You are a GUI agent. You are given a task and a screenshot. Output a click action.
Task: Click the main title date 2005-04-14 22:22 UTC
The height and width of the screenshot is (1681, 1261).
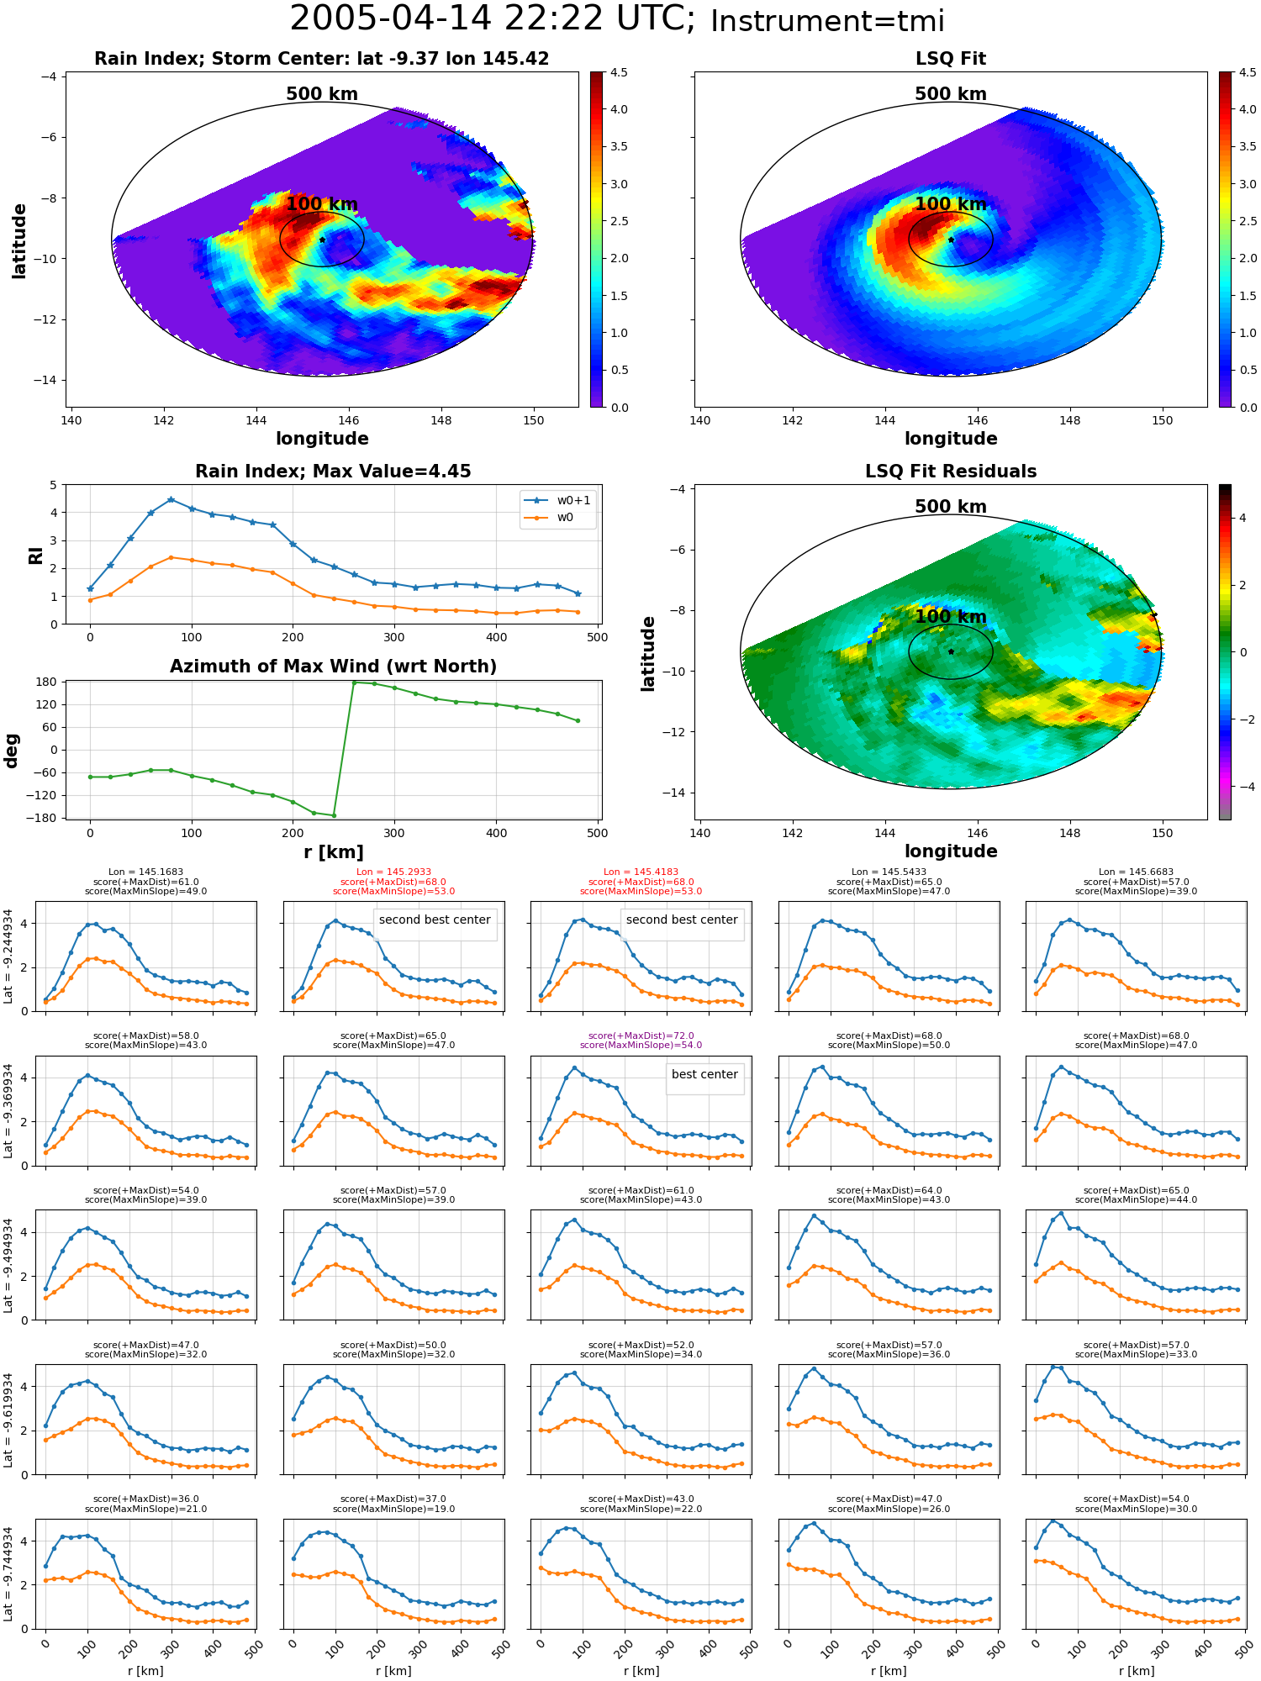(x=493, y=19)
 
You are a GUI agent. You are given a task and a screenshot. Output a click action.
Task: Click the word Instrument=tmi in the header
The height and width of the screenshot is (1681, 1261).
(x=827, y=22)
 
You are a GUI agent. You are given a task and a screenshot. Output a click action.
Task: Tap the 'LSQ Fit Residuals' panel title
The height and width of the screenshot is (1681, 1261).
(x=951, y=472)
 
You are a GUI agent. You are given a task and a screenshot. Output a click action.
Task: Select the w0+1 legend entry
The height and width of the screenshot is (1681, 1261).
(x=558, y=500)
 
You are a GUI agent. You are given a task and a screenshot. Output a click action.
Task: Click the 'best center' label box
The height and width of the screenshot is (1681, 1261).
(x=704, y=1074)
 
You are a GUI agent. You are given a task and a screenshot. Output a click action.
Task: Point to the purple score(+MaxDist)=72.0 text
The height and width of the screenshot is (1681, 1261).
(x=641, y=1035)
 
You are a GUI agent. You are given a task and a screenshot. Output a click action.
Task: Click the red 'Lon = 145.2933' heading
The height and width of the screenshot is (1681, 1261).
(x=393, y=872)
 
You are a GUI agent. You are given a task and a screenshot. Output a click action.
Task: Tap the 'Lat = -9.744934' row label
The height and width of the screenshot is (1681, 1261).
(x=8, y=1574)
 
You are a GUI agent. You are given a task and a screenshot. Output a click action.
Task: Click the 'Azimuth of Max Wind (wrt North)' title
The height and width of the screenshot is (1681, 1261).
(x=333, y=667)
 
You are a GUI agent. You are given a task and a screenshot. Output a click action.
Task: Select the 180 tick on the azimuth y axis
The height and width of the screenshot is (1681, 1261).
(x=47, y=682)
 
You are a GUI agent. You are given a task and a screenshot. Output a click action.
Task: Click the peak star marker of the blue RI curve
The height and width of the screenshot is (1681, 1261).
(x=171, y=499)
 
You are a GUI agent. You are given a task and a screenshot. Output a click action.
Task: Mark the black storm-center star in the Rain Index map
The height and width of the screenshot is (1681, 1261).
(x=322, y=240)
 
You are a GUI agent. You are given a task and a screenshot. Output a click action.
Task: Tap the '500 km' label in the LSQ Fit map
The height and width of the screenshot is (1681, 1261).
(x=951, y=94)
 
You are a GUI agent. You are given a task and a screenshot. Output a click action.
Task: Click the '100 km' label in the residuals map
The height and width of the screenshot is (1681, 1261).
(x=951, y=617)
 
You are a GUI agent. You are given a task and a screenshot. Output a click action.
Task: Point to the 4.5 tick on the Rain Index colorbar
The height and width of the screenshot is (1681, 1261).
(x=619, y=73)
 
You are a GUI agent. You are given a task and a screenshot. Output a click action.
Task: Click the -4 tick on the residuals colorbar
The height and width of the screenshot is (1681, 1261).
(x=1243, y=787)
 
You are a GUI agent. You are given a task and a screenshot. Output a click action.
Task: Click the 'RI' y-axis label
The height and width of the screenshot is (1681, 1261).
(x=35, y=555)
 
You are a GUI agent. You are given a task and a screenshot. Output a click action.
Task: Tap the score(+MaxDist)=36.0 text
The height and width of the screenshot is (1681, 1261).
(x=146, y=1499)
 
